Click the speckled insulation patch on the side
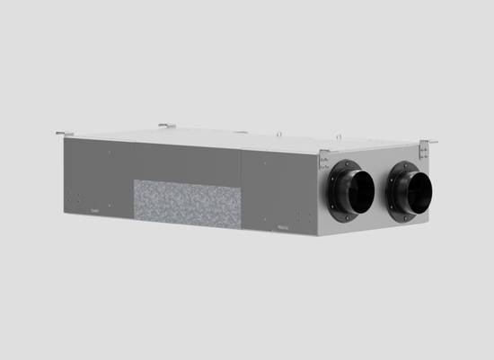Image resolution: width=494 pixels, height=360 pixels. tap(188, 203)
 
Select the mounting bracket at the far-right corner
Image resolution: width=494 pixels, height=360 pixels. tap(429, 141)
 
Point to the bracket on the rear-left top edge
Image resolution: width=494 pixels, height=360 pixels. tap(167, 126)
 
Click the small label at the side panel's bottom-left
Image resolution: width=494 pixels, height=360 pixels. tap(95, 211)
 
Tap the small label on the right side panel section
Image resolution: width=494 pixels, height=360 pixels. tap(282, 227)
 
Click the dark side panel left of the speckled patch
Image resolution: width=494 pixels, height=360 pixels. tap(99, 175)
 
